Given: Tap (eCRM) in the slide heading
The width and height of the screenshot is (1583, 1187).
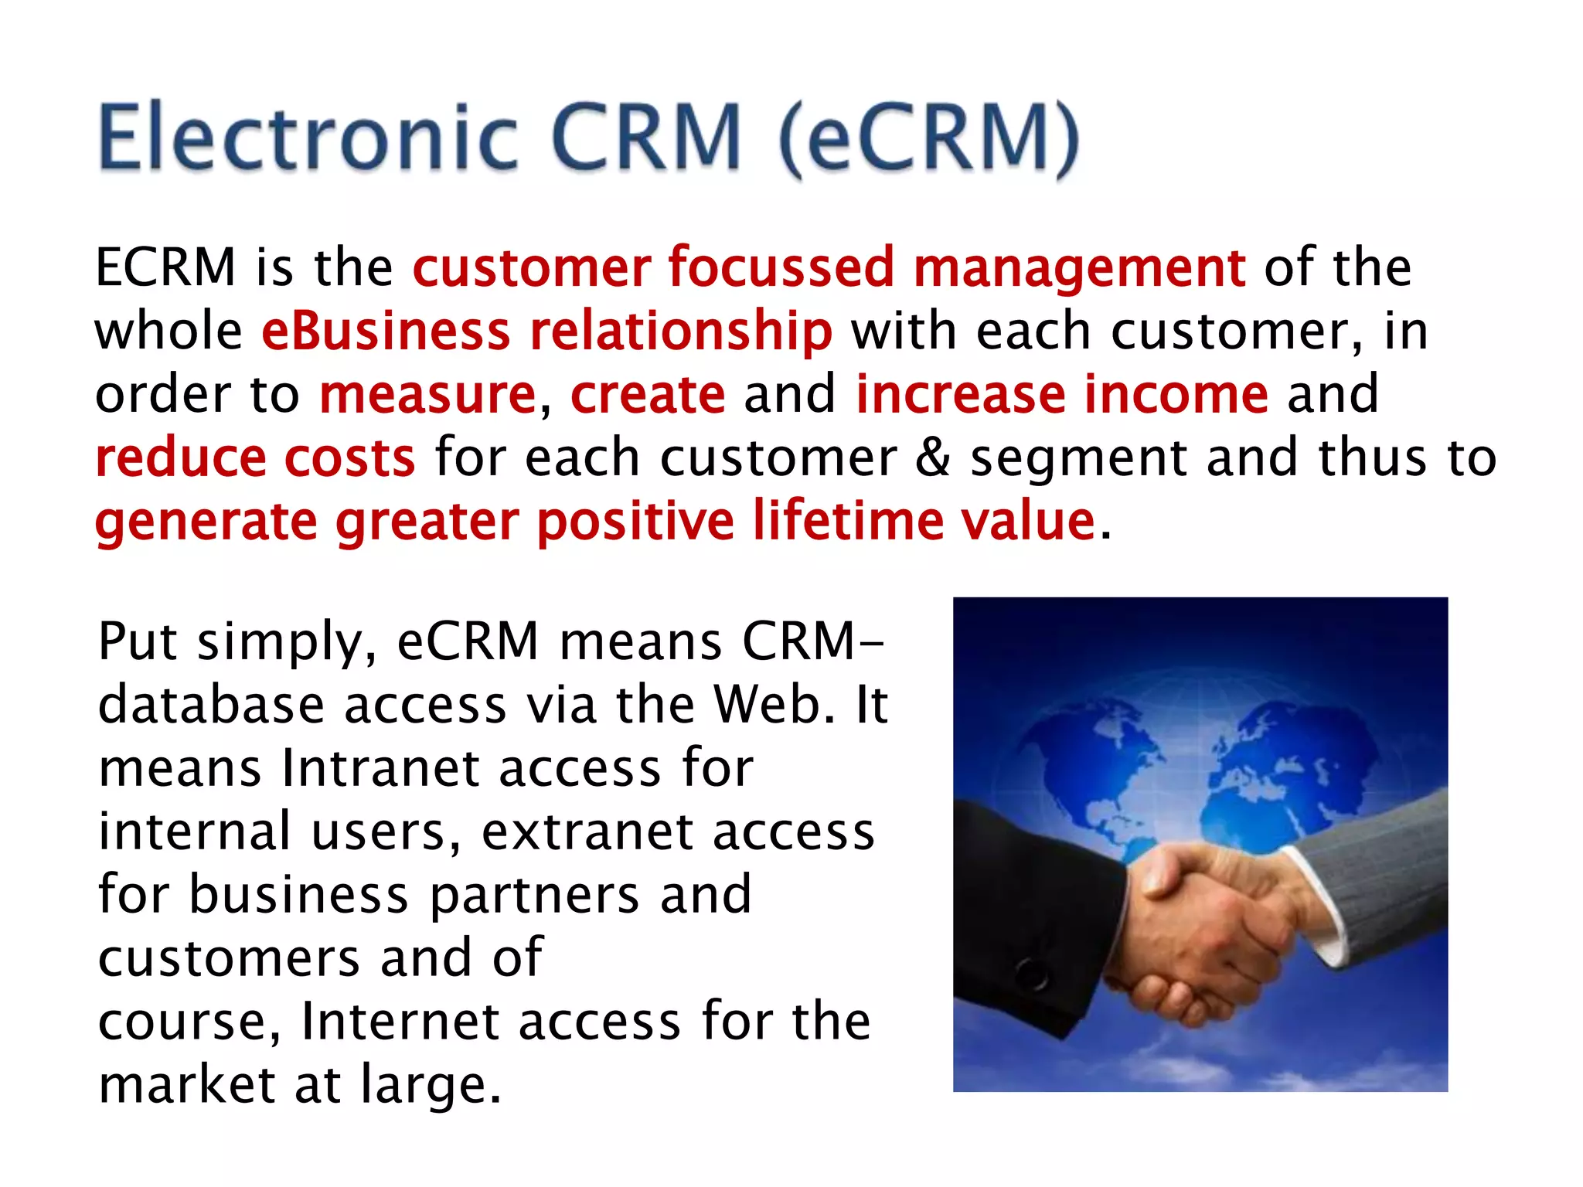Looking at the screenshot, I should pos(928,139).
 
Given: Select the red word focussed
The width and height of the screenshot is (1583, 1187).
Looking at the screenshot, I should pos(781,267).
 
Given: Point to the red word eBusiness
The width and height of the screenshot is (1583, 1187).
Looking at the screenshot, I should pos(386,331).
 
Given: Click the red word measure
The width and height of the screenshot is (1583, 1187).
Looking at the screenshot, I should pos(427,394).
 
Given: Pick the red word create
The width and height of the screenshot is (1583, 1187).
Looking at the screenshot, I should pos(648,394).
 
